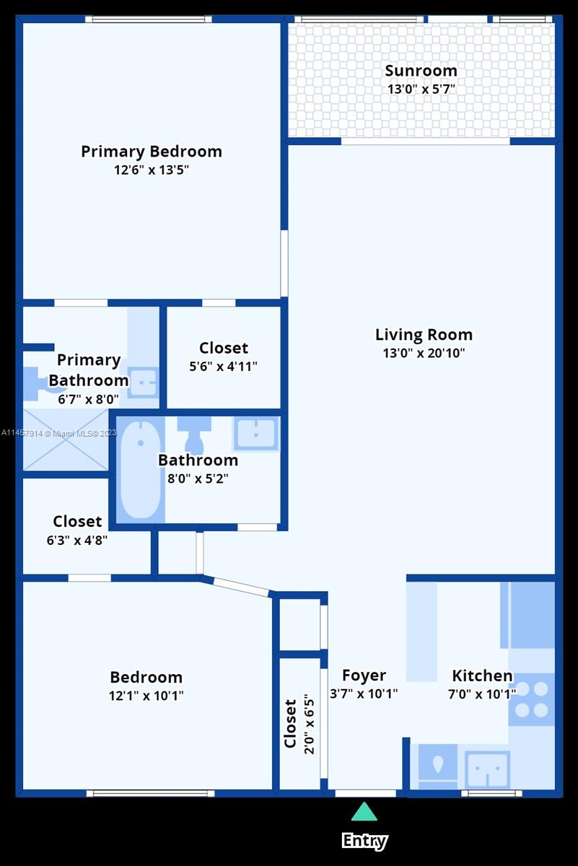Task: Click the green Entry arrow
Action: tap(364, 813)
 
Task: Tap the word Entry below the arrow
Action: tap(364, 841)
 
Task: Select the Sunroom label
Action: tap(421, 71)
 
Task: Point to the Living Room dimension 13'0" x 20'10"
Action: tap(424, 354)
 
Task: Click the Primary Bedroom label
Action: tap(152, 152)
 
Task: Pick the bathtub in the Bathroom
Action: tap(140, 469)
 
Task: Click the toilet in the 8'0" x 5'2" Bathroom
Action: tap(194, 433)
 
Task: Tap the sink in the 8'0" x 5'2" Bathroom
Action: tap(255, 434)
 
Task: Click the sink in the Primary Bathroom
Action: tap(144, 382)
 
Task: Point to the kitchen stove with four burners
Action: tap(532, 699)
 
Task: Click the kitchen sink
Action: tap(488, 770)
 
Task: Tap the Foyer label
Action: tap(364, 675)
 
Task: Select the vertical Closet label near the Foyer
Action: tap(290, 724)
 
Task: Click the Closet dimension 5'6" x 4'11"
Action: tap(223, 367)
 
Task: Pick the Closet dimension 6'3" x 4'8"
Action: tap(77, 540)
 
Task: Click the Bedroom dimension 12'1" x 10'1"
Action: tap(146, 696)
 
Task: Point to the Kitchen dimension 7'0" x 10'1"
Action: tap(482, 694)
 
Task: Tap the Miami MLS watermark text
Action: tap(58, 433)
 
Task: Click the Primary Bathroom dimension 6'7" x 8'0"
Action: tap(89, 398)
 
